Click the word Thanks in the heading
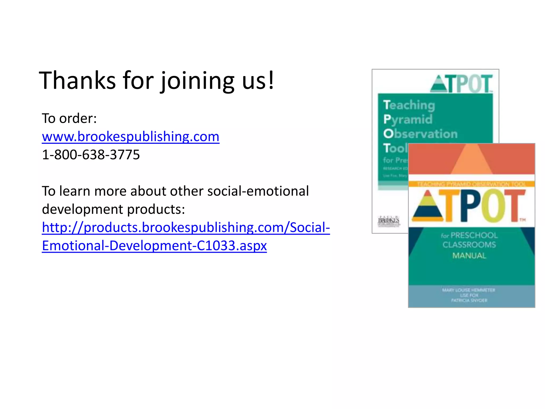point(77,80)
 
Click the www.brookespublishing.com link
point(130,137)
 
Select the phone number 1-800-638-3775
point(91,155)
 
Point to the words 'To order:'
point(69,118)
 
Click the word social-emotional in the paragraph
point(258,191)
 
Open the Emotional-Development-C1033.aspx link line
point(154,246)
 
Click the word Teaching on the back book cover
point(409,105)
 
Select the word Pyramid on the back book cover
point(408,120)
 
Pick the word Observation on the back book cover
point(420,134)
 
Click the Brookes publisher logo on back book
point(389,221)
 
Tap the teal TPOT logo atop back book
point(461,84)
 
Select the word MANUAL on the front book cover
point(469,256)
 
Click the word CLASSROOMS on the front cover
point(469,245)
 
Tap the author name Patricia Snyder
point(469,301)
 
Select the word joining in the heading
point(198,80)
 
